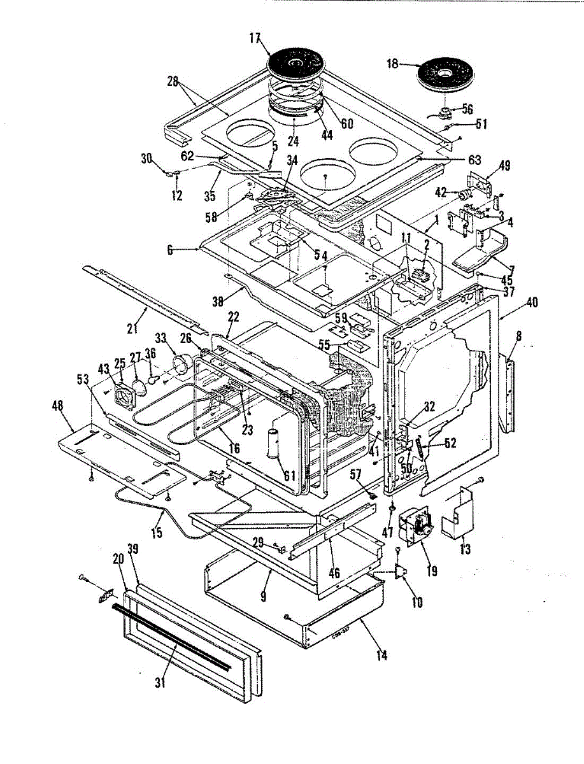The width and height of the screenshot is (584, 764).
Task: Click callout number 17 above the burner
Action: [255, 38]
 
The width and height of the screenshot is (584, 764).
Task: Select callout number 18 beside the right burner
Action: [392, 64]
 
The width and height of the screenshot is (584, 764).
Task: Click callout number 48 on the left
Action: [64, 405]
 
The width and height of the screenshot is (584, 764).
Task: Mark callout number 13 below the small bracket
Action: [466, 549]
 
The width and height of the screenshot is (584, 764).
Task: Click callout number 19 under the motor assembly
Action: [432, 571]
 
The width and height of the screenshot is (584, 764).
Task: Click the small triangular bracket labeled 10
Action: [400, 572]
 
